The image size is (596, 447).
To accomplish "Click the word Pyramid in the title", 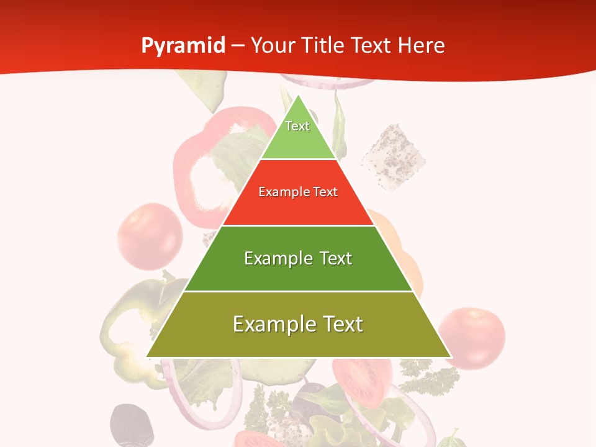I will point(183,46).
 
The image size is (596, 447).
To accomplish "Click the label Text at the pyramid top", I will point(297,126).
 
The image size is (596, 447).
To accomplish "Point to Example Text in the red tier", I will point(298,192).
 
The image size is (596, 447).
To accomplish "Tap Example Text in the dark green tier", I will point(298,258).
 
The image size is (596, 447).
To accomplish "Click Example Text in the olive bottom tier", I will point(298,324).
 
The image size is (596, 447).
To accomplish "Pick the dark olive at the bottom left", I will point(132,425).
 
